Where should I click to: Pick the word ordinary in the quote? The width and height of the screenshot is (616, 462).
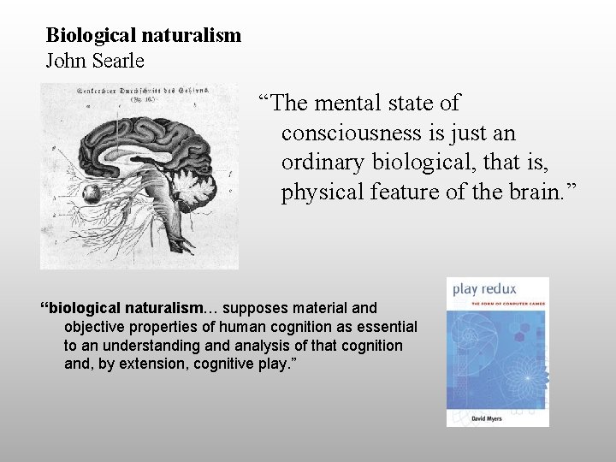click(323, 163)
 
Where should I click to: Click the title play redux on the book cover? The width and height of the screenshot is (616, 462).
click(484, 289)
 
